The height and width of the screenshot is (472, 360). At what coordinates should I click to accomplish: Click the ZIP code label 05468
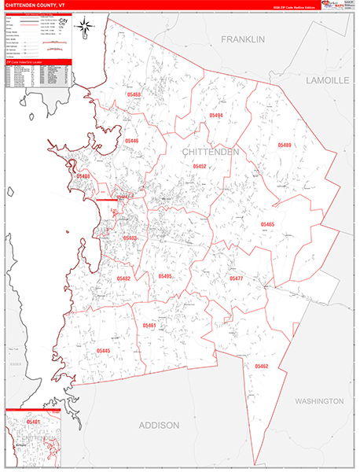[133, 94]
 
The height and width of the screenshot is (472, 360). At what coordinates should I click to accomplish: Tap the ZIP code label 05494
[216, 115]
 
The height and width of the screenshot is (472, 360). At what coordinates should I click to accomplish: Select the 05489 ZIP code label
[285, 146]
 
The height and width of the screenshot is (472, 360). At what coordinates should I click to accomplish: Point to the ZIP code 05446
[131, 141]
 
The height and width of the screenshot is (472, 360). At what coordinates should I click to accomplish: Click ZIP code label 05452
[200, 167]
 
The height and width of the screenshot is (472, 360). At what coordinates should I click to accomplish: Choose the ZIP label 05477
[236, 278]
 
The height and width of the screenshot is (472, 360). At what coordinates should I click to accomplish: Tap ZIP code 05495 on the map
[164, 276]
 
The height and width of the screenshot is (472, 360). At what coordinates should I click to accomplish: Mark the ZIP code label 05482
[123, 278]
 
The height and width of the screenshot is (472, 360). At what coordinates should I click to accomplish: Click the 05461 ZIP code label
[149, 325]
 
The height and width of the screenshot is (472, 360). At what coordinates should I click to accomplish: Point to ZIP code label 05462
[262, 366]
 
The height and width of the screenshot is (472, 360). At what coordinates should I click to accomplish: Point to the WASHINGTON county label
[319, 401]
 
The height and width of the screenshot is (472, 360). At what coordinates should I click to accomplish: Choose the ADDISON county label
[159, 425]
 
